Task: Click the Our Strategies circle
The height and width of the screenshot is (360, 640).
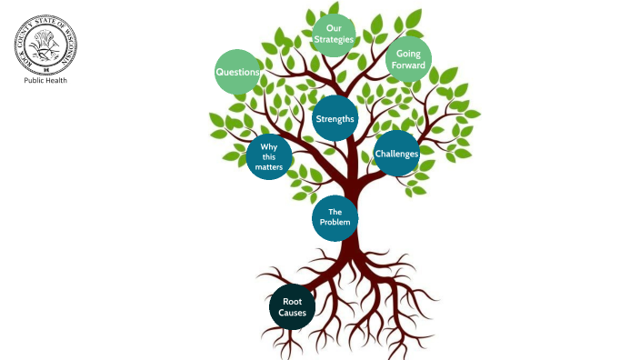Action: (334, 35)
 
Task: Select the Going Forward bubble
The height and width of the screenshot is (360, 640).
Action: (408, 59)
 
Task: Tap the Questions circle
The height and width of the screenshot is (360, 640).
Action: (238, 72)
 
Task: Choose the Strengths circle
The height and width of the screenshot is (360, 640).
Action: (335, 118)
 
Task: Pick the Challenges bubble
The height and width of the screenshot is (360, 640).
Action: (397, 153)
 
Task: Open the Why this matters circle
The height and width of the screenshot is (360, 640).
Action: (269, 157)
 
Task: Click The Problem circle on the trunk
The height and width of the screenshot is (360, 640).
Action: (335, 217)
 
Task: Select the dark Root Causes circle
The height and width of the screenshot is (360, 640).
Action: (293, 307)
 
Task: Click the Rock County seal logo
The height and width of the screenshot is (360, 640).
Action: (45, 44)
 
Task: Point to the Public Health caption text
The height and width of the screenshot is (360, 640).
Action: (45, 80)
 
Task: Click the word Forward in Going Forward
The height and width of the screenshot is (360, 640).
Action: (408, 65)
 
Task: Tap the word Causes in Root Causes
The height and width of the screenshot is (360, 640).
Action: (293, 314)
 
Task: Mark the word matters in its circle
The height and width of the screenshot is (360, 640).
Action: (269, 167)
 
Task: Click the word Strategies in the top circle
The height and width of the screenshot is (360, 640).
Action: (334, 40)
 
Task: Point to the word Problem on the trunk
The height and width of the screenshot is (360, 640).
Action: (335, 223)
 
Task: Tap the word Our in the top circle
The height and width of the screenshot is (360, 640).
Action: (334, 28)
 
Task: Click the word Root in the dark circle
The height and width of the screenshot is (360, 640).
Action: (293, 301)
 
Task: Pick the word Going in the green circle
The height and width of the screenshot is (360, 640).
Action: (408, 54)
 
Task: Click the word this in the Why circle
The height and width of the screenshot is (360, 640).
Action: (269, 157)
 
